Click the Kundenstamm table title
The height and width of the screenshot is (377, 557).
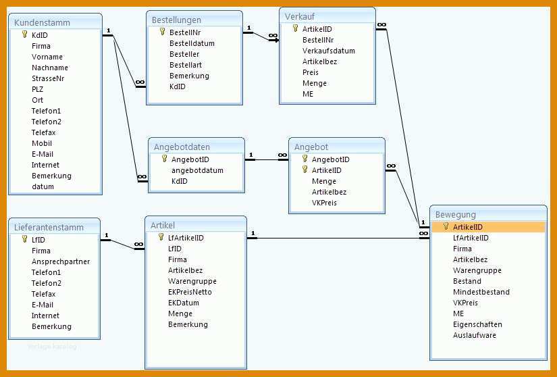point(42,22)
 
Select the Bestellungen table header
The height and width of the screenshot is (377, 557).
point(176,20)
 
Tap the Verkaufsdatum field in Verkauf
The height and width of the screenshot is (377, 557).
point(329,51)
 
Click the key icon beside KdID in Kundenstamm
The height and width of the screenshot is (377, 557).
point(24,34)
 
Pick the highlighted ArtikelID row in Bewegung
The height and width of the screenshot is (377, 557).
point(488,227)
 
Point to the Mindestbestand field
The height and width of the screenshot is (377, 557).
point(481,292)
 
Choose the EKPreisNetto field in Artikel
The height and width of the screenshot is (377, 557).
point(190,292)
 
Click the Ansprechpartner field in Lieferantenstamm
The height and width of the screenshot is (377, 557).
point(61,261)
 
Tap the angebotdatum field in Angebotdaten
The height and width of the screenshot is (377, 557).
point(198,170)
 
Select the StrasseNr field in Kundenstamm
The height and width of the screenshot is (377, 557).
point(48,78)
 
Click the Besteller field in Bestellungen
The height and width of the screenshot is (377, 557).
point(184,54)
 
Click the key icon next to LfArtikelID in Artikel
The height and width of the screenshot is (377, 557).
point(161,236)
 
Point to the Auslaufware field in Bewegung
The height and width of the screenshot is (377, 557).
point(475,335)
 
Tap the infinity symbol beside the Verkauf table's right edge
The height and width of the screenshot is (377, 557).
point(381,24)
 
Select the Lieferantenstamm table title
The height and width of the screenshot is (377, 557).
point(49,227)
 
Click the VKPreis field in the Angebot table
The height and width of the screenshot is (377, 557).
point(324,203)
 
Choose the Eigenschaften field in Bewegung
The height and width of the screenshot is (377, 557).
point(477,324)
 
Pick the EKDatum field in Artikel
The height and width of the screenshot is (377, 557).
point(184,303)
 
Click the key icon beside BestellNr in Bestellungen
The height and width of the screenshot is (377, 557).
point(162,32)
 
